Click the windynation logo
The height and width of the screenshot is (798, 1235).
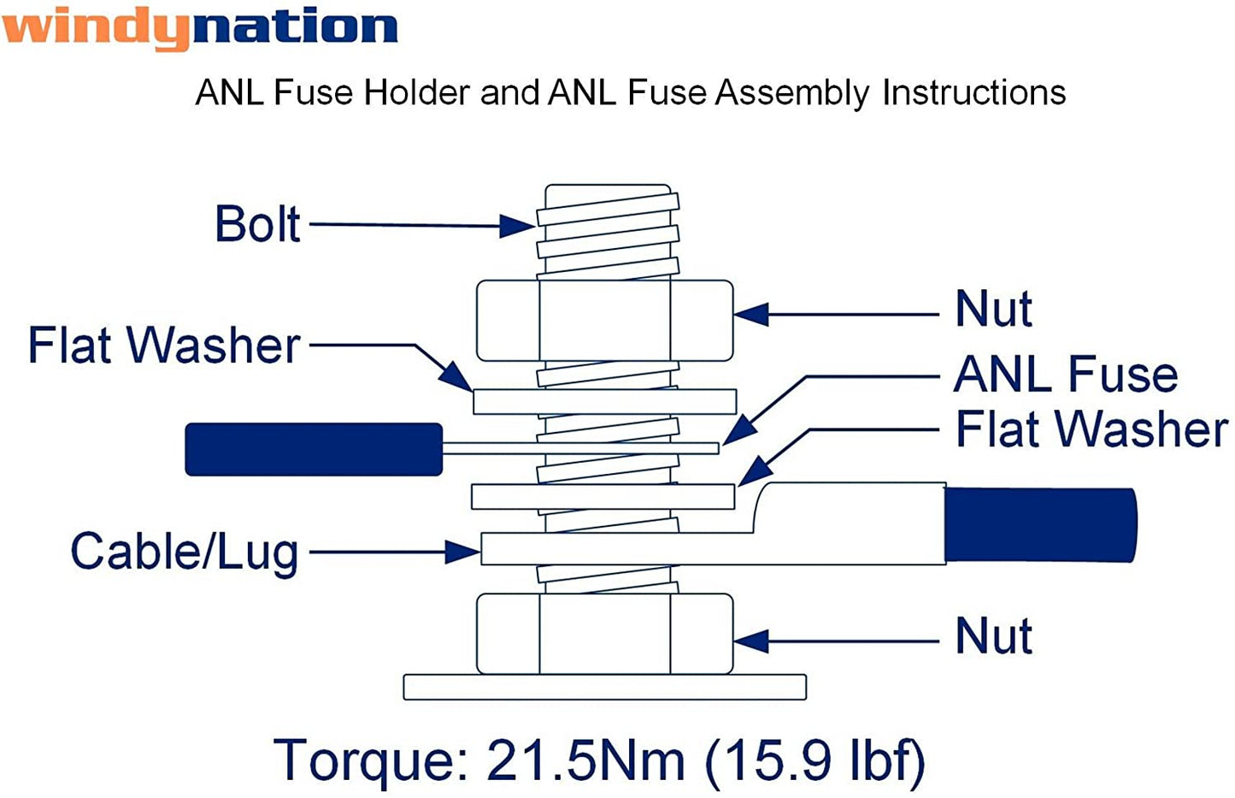[x=199, y=27]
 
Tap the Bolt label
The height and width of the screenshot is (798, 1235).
[x=257, y=224]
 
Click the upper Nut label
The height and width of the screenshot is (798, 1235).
[x=993, y=309]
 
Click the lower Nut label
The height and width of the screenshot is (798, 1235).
[x=993, y=636]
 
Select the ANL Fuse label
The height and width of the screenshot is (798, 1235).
[x=1066, y=375]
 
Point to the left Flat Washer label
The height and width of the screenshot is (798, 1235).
[x=164, y=346]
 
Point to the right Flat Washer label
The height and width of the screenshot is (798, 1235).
[x=1091, y=429]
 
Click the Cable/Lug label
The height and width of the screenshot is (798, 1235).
[x=185, y=552]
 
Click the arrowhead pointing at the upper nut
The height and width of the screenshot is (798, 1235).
[x=750, y=315]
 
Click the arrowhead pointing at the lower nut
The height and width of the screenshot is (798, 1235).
[x=750, y=641]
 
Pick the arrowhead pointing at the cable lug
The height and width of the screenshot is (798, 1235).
[x=462, y=553]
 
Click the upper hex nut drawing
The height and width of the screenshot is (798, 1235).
[x=604, y=320]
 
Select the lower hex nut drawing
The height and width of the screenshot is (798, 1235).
[x=604, y=634]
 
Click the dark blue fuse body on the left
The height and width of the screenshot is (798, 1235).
[x=314, y=449]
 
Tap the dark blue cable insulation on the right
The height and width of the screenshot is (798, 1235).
[x=1040, y=525]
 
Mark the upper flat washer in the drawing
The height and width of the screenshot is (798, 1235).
[x=604, y=401]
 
